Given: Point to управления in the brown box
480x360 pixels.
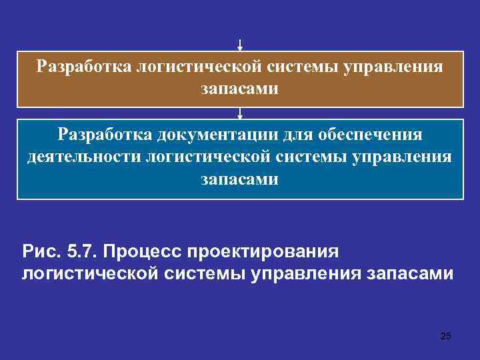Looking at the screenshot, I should pyautogui.click(x=393, y=67).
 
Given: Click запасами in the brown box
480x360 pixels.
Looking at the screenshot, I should pyautogui.click(x=240, y=89).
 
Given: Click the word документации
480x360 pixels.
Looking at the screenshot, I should pyautogui.click(x=219, y=135).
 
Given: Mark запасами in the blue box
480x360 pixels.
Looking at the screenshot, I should pyautogui.click(x=240, y=179).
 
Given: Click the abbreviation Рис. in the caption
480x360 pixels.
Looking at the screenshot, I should pyautogui.click(x=42, y=252).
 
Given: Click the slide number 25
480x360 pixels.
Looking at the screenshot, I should pyautogui.click(x=446, y=335).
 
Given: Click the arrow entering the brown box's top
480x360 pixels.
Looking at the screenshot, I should pyautogui.click(x=240, y=45).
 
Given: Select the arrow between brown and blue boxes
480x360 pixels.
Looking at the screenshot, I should pyautogui.click(x=240, y=113).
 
